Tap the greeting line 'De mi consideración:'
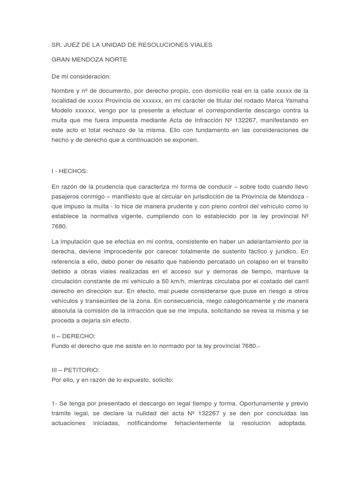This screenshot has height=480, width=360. point(81,76)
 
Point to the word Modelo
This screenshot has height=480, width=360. point(63,110)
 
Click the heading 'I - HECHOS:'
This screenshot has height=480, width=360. point(69,171)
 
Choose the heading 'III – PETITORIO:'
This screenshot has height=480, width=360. point(75,370)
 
